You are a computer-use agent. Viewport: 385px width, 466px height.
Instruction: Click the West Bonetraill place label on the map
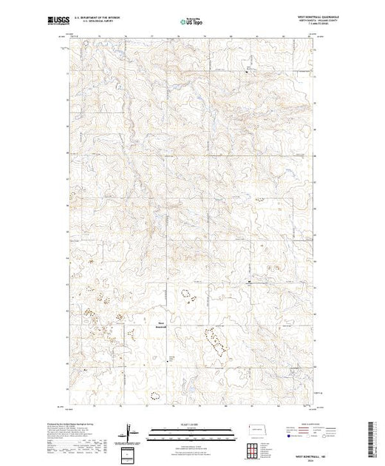[161, 323]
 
